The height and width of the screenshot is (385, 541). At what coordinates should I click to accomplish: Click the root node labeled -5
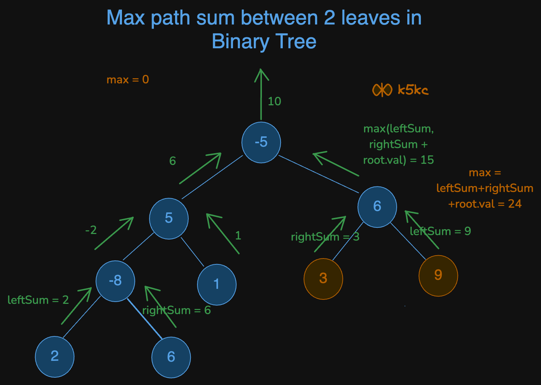click(261, 142)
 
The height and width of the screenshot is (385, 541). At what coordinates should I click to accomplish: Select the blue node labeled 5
click(169, 218)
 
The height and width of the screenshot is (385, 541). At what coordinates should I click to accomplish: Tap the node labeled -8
click(115, 281)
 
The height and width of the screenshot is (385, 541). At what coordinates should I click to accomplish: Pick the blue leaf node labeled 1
click(217, 284)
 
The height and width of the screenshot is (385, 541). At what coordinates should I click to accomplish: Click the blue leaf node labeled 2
click(55, 356)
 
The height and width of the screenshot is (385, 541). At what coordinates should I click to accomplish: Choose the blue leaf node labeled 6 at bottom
click(171, 357)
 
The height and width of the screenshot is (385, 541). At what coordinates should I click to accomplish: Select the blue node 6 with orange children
click(377, 207)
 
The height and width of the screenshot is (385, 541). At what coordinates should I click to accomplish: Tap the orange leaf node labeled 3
click(323, 279)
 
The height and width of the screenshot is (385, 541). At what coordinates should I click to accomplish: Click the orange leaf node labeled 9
click(438, 275)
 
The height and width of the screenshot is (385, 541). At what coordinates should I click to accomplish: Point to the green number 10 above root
click(274, 101)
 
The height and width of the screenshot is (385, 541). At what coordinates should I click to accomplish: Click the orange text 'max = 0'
click(127, 80)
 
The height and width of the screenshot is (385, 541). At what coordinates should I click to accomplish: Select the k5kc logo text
click(413, 90)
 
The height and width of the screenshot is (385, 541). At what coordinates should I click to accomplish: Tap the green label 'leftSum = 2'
click(38, 300)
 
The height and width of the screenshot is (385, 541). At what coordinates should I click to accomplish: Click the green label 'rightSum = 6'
click(177, 310)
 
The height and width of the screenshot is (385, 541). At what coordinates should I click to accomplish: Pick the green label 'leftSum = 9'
click(440, 231)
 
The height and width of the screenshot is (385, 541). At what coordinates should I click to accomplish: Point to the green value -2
click(91, 230)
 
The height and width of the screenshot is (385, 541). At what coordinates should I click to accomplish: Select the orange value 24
click(515, 204)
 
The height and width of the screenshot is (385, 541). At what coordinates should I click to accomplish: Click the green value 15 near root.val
click(427, 160)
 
